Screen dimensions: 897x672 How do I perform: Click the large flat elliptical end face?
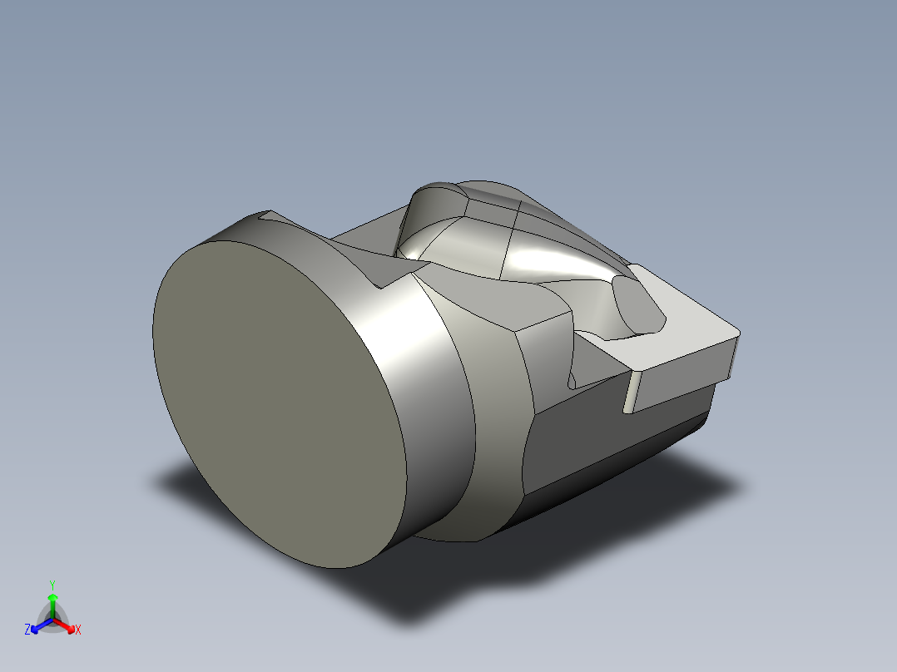click(280, 403)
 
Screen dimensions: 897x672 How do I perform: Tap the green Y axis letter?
click(52, 585)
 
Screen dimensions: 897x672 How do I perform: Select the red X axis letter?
click(78, 630)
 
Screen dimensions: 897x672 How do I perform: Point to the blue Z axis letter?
click(27, 630)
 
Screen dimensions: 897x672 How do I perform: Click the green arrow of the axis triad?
click(52, 605)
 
